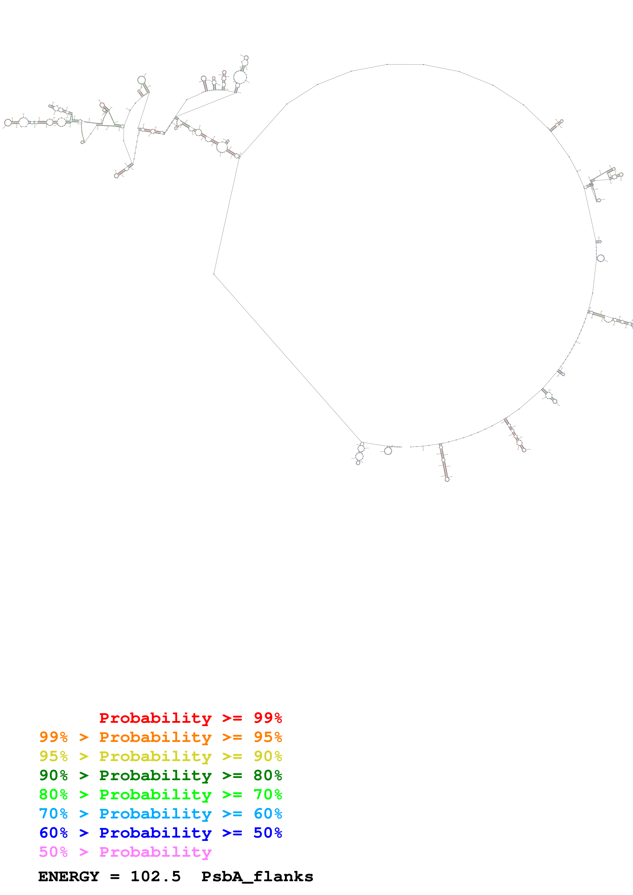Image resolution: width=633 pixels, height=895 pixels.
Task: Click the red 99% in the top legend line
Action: [268, 718]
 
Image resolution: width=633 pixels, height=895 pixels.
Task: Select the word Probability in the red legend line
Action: [155, 718]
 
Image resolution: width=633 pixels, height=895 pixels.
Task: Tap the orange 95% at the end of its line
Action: [268, 737]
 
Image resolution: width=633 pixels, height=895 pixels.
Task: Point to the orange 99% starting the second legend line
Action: [53, 737]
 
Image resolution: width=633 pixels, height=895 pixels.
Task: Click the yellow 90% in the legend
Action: [268, 756]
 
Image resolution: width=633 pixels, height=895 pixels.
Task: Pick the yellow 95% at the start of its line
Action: [53, 756]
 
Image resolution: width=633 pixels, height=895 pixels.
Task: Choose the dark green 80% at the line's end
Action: [268, 775]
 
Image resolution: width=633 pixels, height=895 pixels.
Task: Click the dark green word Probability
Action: [155, 775]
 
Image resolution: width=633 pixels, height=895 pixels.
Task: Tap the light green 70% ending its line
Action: [268, 794]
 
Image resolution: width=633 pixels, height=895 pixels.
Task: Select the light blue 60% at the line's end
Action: [268, 814]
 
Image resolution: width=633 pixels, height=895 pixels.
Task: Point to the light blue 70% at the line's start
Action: [53, 814]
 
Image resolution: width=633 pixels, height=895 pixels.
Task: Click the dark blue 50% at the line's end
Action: [268, 833]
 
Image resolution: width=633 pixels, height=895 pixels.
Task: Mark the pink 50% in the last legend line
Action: [53, 852]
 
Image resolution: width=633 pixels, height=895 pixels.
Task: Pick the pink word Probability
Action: [155, 852]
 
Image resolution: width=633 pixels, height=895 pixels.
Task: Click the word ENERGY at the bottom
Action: [69, 876]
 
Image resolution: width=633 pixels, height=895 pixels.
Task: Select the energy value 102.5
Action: [155, 876]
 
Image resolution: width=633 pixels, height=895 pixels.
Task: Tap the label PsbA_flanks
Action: [257, 876]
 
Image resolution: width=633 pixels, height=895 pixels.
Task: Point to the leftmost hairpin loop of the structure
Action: [7, 123]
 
